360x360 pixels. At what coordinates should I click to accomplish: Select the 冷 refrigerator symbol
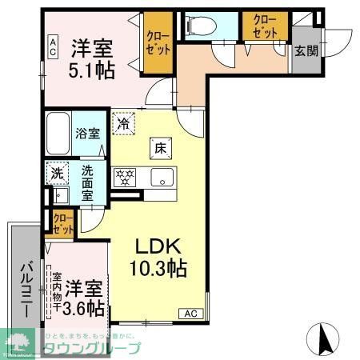coord(123,124)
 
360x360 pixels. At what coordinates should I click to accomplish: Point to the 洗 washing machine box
coord(56,172)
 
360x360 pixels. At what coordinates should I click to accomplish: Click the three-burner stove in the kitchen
coord(124,177)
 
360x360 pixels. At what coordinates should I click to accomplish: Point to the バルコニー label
coord(25,287)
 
